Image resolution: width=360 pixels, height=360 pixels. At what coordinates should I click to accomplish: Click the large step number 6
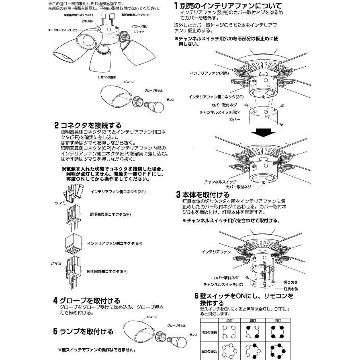click(196, 297)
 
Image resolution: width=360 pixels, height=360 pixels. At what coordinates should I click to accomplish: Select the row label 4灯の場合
click(209, 332)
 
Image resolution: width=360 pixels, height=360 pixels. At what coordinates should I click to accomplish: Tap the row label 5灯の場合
click(209, 351)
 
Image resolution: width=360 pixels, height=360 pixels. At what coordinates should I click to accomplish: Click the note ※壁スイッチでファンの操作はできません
click(96, 350)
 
